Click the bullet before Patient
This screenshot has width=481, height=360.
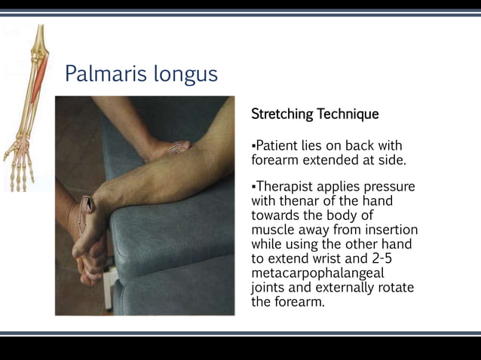253,145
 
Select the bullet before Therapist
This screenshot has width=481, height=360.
253,186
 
